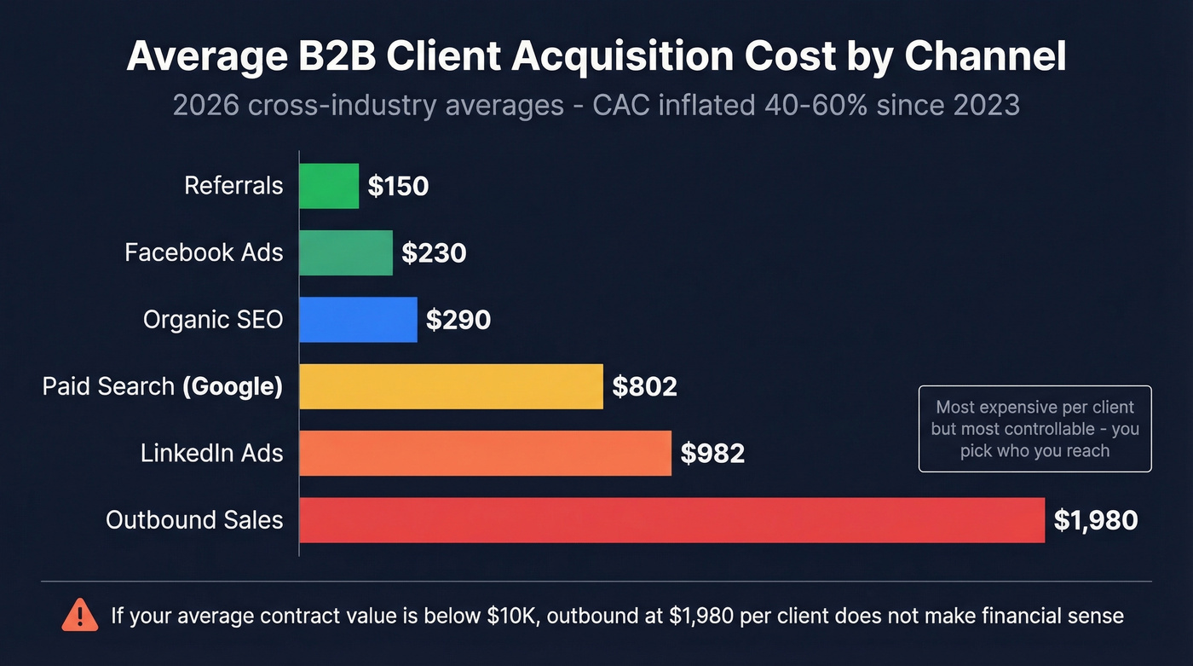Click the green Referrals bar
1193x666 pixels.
click(x=329, y=186)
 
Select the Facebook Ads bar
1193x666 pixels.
click(x=346, y=252)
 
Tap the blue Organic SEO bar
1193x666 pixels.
click(x=358, y=320)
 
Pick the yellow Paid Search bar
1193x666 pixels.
click(x=451, y=386)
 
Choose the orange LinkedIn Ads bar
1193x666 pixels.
click(x=485, y=453)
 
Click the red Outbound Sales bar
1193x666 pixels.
click(x=671, y=520)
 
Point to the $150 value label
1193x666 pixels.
click(x=398, y=187)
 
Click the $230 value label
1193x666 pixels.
click(x=434, y=253)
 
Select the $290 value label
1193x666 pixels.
click(x=458, y=320)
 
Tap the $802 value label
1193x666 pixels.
click(x=644, y=387)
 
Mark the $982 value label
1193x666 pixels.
click(x=712, y=454)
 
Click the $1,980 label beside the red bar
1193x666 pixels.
click(x=1095, y=520)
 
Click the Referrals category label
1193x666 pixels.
click(x=233, y=186)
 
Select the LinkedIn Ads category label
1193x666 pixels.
click(x=211, y=453)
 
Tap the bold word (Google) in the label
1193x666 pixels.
click(x=232, y=387)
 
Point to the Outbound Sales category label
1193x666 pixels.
click(x=194, y=520)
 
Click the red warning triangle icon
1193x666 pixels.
click(x=80, y=614)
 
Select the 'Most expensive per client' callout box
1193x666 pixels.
click(x=1035, y=429)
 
